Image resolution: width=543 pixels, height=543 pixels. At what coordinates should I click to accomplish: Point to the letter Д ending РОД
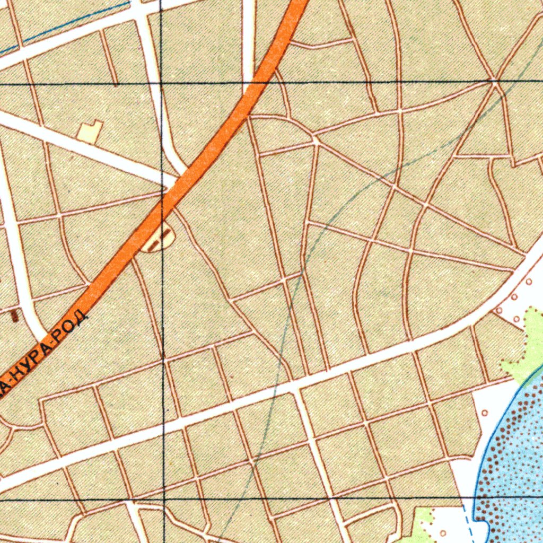pos(81,318)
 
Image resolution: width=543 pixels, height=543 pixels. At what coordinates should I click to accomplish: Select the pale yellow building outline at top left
pos(90,131)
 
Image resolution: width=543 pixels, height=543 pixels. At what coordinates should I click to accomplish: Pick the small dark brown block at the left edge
pos(14,317)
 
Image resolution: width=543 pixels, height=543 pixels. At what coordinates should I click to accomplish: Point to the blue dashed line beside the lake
pos(467,522)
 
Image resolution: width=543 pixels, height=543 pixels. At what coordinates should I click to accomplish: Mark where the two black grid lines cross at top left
pos(161,84)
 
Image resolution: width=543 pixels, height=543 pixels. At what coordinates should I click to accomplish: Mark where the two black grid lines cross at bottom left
pos(164,499)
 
